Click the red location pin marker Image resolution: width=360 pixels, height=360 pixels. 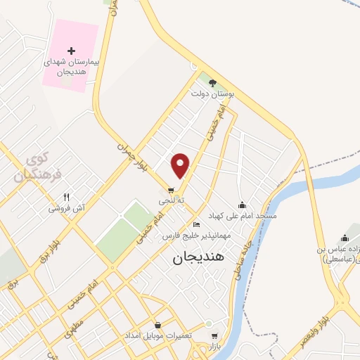pyautogui.click(x=181, y=165)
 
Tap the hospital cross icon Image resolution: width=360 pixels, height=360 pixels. pyautogui.click(x=70, y=51)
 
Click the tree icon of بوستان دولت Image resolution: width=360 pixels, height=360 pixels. pyautogui.click(x=212, y=83)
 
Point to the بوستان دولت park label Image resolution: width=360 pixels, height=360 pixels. pyautogui.click(x=212, y=93)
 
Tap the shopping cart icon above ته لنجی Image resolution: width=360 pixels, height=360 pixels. pyautogui.click(x=171, y=190)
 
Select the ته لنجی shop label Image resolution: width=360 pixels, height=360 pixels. pyautogui.click(x=171, y=200)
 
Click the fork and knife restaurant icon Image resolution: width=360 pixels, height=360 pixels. pyautogui.click(x=66, y=198)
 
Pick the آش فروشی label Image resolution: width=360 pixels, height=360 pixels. pyautogui.click(x=66, y=208)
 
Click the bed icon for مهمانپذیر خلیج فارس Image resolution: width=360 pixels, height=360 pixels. pyautogui.click(x=196, y=225)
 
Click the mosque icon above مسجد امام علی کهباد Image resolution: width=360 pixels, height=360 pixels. pyautogui.click(x=243, y=205)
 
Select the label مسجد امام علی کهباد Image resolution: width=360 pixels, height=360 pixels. pyautogui.click(x=243, y=215)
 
